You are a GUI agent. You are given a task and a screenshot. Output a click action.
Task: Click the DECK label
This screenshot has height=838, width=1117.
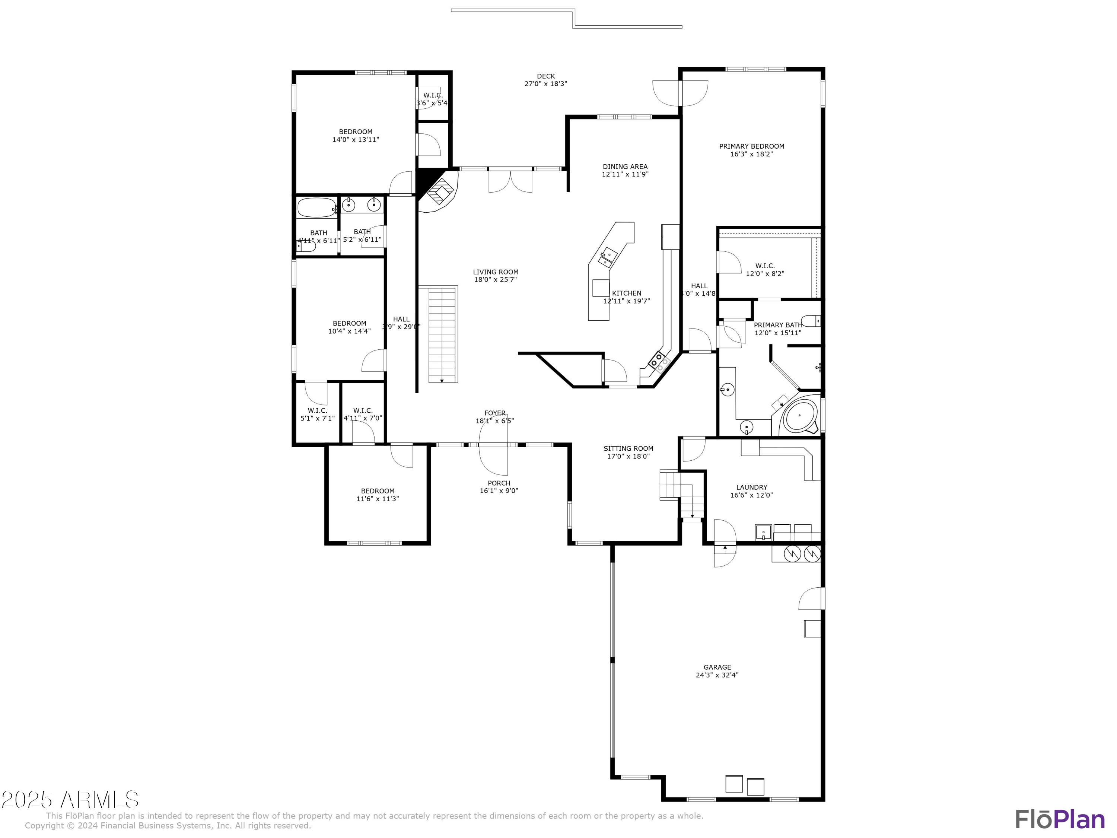545,76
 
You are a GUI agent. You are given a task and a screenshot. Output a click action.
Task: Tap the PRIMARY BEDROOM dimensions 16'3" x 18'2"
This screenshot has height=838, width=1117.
751,154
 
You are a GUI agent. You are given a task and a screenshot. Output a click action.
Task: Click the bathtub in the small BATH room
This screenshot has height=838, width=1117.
316,207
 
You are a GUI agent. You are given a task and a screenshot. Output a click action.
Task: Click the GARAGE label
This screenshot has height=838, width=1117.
717,667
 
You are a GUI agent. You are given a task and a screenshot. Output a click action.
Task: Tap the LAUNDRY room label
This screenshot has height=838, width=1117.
751,488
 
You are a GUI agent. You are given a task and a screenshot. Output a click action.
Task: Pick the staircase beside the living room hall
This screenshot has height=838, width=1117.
442,334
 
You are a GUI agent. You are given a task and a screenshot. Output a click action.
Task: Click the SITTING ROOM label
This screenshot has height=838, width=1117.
628,448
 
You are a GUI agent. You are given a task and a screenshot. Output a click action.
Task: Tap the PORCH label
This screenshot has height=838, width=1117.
499,483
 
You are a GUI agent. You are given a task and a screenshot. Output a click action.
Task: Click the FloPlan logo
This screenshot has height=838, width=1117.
1059,819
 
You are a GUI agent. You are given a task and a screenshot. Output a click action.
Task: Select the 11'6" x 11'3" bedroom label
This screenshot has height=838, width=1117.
378,499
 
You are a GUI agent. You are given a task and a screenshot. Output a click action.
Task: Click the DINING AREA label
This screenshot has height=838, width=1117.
625,167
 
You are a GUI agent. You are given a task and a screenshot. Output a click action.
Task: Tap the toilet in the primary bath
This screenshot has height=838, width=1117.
811,321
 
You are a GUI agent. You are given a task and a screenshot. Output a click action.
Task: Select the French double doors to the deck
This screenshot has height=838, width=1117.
510,181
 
